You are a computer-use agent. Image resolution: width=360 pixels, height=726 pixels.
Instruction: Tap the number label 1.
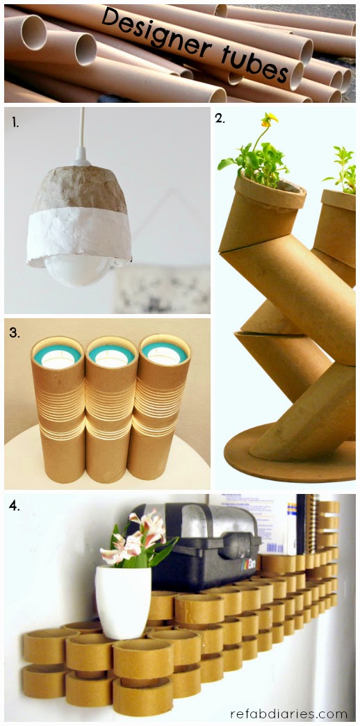click(16, 123)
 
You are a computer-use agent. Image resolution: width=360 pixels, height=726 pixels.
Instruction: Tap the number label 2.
click(220, 118)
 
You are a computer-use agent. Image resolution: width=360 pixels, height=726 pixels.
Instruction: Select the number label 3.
click(15, 333)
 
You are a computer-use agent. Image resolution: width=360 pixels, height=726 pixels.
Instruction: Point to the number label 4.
click(15, 506)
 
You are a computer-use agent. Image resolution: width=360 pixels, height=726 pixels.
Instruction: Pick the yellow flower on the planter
click(269, 120)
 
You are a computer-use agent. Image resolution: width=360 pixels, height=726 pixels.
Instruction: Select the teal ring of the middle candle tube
click(111, 354)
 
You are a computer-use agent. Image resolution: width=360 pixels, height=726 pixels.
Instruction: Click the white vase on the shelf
click(123, 602)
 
